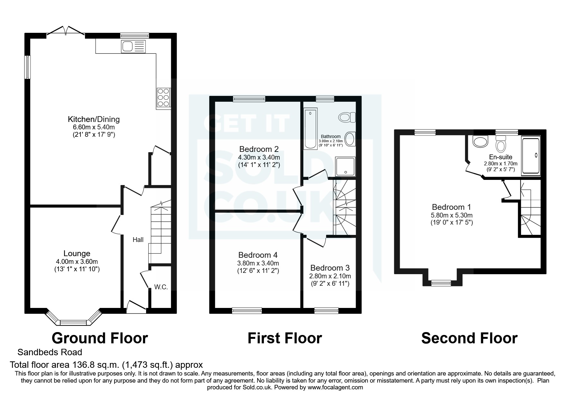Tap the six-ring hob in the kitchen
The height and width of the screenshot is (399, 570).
coord(164,97)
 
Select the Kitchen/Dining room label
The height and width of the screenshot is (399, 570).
coord(94,119)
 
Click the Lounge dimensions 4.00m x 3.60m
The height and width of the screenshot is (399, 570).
coord(77,262)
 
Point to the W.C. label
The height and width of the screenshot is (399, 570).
coord(161,287)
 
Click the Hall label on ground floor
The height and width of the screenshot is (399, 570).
coord(138,240)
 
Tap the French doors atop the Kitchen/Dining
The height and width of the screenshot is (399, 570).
coord(66,31)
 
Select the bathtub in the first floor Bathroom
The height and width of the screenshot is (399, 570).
coord(311,128)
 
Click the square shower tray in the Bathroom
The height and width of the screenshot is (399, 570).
coord(345,167)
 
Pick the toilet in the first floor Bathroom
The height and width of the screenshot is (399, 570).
coord(347,117)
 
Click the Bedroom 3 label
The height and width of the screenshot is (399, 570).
coord(330,268)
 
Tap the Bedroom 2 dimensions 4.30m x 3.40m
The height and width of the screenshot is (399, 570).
coord(259,158)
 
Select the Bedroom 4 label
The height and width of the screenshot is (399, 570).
coord(258,255)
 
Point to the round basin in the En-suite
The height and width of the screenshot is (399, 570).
coord(480,141)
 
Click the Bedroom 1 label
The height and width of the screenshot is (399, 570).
coord(451,207)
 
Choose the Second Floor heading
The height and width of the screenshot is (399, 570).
coord(469,338)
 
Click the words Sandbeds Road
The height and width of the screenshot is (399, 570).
coord(50,352)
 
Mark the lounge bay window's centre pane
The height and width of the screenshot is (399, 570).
coord(73,322)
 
